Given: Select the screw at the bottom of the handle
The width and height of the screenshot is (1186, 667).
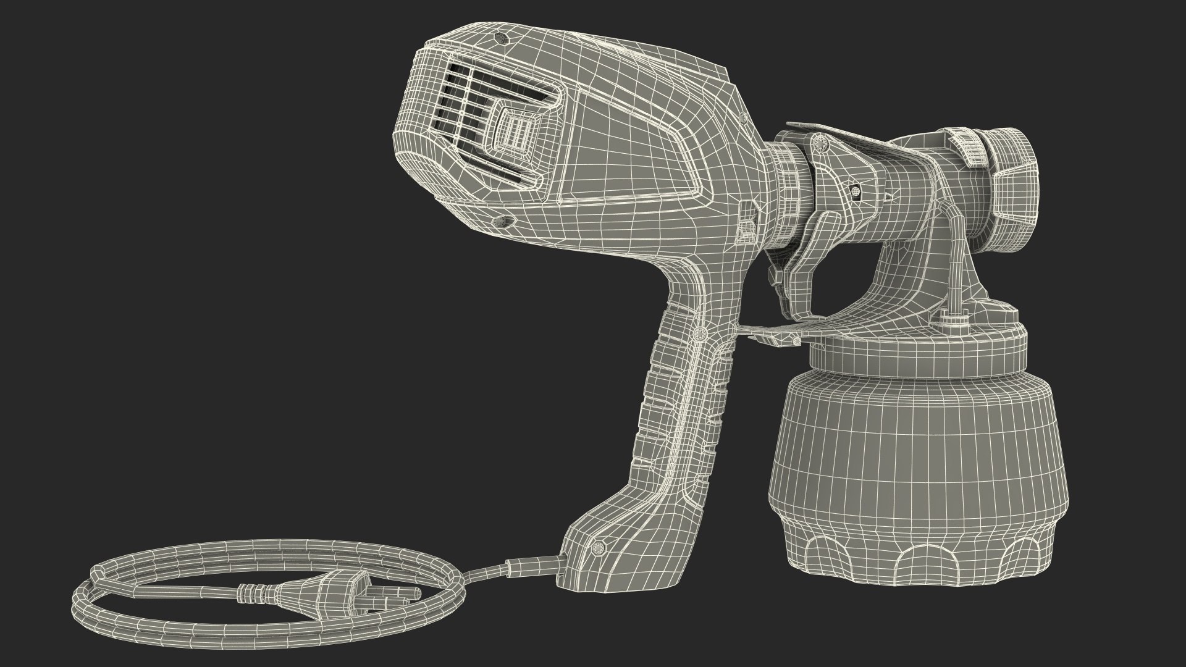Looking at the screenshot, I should [597, 547].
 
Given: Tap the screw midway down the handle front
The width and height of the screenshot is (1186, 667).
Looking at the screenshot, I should [698, 334].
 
